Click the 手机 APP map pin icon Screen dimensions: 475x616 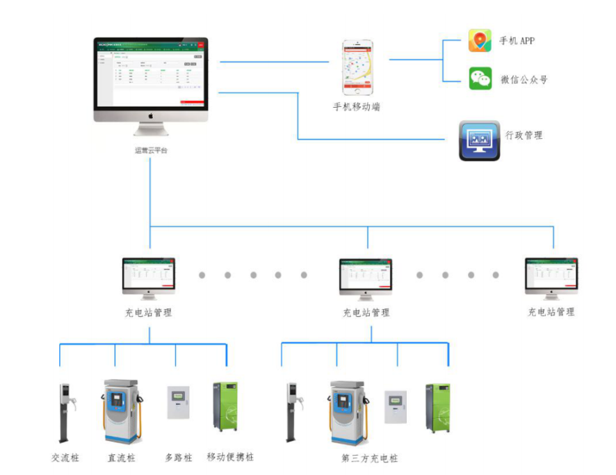point(480,40)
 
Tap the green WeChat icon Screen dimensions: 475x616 point(480,79)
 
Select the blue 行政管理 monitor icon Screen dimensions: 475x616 point(479,140)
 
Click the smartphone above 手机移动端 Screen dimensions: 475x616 point(357,67)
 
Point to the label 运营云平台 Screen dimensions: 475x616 point(151,150)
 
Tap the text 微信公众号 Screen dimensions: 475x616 point(524,80)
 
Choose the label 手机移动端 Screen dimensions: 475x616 point(356,107)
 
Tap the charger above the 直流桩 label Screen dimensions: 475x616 point(122,411)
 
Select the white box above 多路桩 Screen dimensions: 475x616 point(179,403)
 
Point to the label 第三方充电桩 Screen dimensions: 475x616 point(370,458)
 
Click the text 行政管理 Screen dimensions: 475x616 point(524,135)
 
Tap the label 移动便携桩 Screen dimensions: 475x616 point(230,457)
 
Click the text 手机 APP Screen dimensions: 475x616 point(517,40)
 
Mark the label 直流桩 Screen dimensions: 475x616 point(122,458)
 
